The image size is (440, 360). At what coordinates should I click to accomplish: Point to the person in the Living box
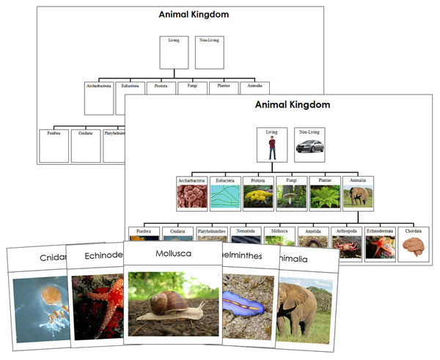pyautogui.click(x=272, y=148)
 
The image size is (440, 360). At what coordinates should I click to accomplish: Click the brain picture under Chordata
pyautogui.click(x=414, y=248)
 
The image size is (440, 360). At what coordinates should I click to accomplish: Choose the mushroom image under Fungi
pyautogui.click(x=291, y=196)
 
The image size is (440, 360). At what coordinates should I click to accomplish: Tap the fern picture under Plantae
pyautogui.click(x=324, y=196)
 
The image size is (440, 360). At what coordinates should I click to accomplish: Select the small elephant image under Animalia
pyautogui.click(x=358, y=196)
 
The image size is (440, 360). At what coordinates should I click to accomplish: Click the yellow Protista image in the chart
pyautogui.click(x=257, y=196)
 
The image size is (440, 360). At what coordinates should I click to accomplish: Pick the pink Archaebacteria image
pyautogui.click(x=191, y=196)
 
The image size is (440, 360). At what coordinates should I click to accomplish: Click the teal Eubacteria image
pyautogui.click(x=224, y=196)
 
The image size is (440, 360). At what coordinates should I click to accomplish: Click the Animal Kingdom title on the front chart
pyautogui.click(x=289, y=105)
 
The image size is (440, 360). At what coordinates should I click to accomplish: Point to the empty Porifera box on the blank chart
pyautogui.click(x=54, y=147)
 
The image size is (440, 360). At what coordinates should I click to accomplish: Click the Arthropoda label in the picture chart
pyautogui.click(x=348, y=230)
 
